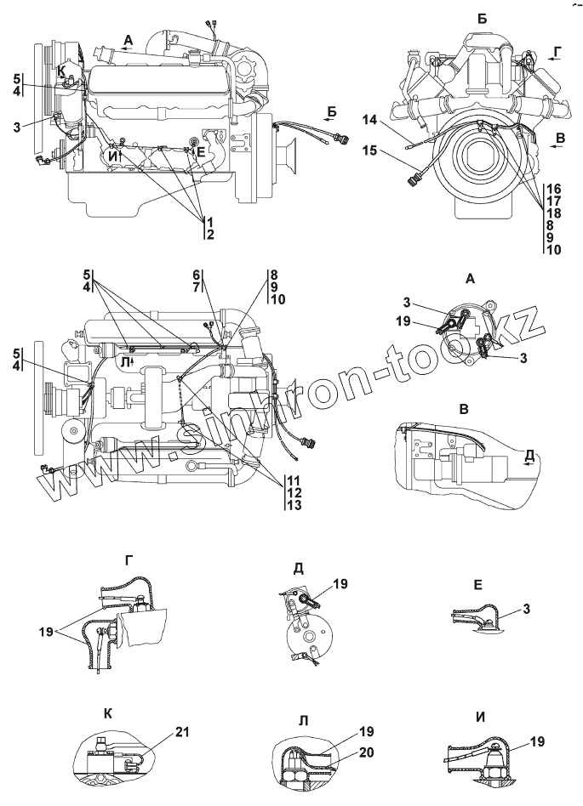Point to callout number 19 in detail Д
[340, 584]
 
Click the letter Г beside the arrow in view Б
[557, 53]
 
